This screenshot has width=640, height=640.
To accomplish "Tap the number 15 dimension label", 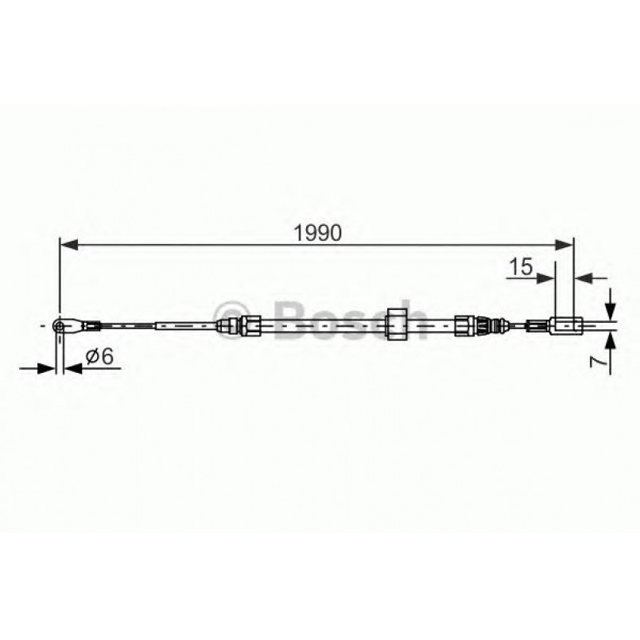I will (522, 268).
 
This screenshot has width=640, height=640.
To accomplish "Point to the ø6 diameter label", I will (99, 358).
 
